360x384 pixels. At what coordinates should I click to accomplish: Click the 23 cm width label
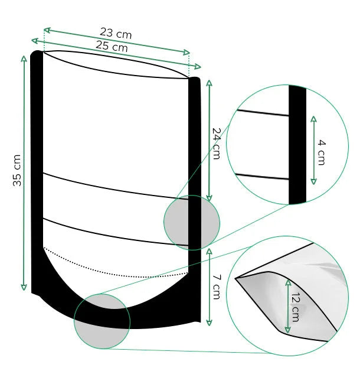tap(116, 34)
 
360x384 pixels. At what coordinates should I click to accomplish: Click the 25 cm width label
tap(112, 46)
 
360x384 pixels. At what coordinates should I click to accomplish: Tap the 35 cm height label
tap(17, 171)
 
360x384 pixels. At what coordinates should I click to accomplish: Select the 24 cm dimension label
tap(217, 143)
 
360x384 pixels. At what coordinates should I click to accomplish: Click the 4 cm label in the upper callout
tap(322, 152)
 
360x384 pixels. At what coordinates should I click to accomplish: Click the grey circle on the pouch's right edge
tap(192, 223)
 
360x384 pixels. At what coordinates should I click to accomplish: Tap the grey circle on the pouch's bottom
tap(102, 321)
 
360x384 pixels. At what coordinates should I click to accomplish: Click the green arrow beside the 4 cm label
tap(313, 150)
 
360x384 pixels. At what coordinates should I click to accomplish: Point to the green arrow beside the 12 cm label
tap(287, 306)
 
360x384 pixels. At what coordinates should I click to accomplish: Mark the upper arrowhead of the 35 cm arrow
tap(24, 58)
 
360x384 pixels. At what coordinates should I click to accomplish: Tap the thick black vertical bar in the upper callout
tap(297, 145)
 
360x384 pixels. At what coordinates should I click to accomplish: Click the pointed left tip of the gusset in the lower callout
tap(236, 278)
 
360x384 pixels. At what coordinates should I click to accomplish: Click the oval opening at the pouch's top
tap(116, 64)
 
